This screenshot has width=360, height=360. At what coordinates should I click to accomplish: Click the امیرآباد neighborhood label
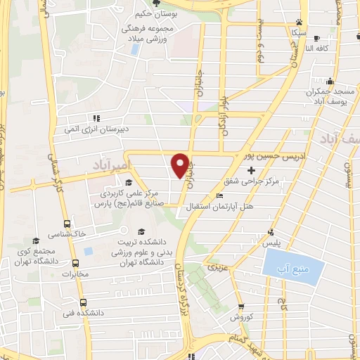click(x=112, y=164)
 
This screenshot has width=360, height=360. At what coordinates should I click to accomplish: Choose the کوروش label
click(x=241, y=317)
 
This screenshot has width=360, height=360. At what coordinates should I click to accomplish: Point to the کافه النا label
click(x=317, y=49)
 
